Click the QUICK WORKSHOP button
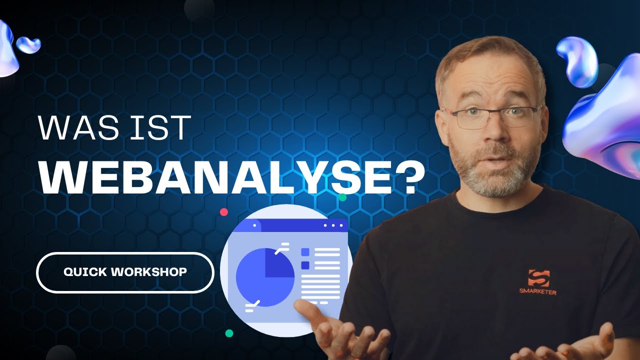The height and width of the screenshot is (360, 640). click(125, 272)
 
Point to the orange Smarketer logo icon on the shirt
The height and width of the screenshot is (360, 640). click(538, 278)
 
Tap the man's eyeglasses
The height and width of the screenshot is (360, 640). click(492, 116)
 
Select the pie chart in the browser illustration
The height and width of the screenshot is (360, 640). click(265, 276)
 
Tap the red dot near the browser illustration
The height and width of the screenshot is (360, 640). click(224, 211)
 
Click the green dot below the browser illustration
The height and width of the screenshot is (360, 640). click(229, 333)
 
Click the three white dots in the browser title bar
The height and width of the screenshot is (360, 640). click(332, 225)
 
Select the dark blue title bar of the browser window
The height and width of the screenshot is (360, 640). click(295, 225)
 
